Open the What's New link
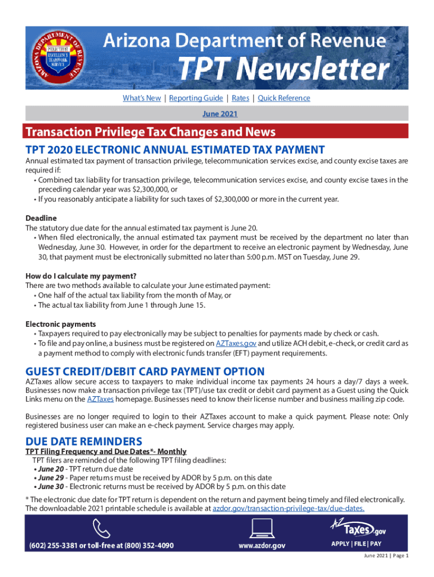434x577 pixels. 141,98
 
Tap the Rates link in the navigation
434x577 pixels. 240,98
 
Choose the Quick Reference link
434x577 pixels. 284,98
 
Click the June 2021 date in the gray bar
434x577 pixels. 219,113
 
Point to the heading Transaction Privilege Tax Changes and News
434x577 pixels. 150,132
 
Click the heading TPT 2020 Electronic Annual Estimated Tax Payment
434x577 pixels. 175,149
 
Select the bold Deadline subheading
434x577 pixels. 41,218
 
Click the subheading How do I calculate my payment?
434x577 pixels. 81,276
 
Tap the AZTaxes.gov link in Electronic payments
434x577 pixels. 236,343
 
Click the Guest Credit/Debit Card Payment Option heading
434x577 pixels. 145,371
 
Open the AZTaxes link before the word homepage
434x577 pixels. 100,399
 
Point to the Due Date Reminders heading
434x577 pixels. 84,441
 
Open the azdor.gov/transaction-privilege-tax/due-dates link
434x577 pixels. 288,508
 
